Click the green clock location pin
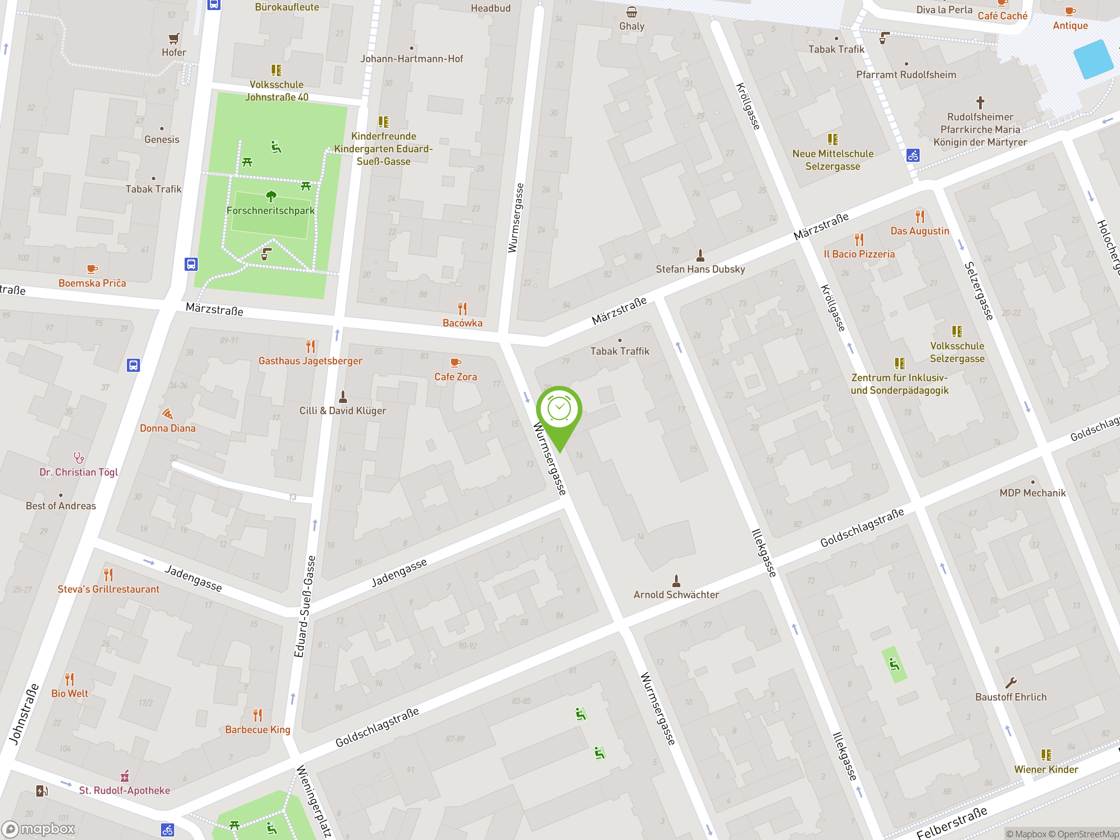pyautogui.click(x=559, y=411)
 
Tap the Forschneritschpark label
pyautogui.click(x=270, y=210)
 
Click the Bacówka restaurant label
pyautogui.click(x=462, y=323)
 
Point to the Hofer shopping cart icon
pyautogui.click(x=174, y=38)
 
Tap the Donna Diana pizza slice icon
pyautogui.click(x=168, y=414)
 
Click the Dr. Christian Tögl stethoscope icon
pyautogui.click(x=78, y=458)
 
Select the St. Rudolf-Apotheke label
pyautogui.click(x=125, y=791)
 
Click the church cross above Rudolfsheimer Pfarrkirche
pyautogui.click(x=980, y=103)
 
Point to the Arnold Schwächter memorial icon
pyautogui.click(x=676, y=580)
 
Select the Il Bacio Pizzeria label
pyautogui.click(x=859, y=254)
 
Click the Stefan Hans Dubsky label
pyautogui.click(x=700, y=269)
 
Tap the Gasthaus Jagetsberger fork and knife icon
pyautogui.click(x=310, y=346)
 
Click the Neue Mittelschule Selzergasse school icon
pyautogui.click(x=833, y=139)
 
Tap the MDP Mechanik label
pyautogui.click(x=1032, y=493)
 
